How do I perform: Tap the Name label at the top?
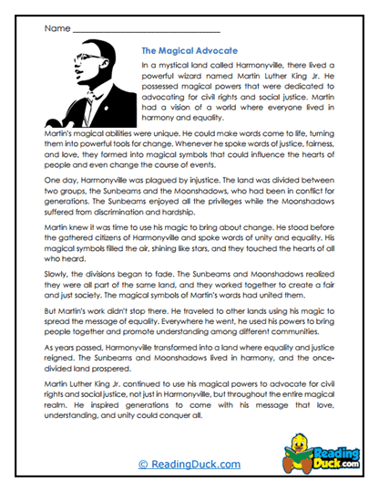(56, 28)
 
